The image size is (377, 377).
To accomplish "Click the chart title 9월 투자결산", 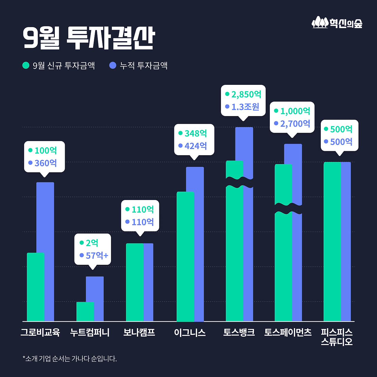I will coord(89,38).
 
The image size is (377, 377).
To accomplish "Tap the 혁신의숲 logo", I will coord(337,23).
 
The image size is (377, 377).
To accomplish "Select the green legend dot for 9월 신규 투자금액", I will coord(26,65).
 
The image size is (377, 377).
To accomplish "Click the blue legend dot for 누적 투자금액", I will coord(113,65).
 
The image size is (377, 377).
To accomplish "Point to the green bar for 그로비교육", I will coord(35,287).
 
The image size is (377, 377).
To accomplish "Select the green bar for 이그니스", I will coord(185,256).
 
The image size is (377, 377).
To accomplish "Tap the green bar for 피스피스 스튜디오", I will coord(332,242).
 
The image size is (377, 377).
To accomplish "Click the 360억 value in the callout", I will coord(46,163).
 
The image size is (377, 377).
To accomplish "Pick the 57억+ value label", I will coord(97,256).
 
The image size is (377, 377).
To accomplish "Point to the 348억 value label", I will coord(196,133).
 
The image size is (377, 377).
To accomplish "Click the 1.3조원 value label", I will coord(245,107).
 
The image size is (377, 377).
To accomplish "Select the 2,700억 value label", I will coord(295,124).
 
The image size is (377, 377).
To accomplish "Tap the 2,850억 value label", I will coord(246,95).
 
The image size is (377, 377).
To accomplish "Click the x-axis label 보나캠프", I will coord(139,333).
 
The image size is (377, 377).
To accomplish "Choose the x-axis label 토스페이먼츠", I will coord(288,333).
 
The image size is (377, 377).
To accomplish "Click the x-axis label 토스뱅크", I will coord(239,333).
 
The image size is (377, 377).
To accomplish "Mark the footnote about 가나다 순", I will coord(70,359).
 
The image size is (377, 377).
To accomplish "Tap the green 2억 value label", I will coord(92,243).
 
